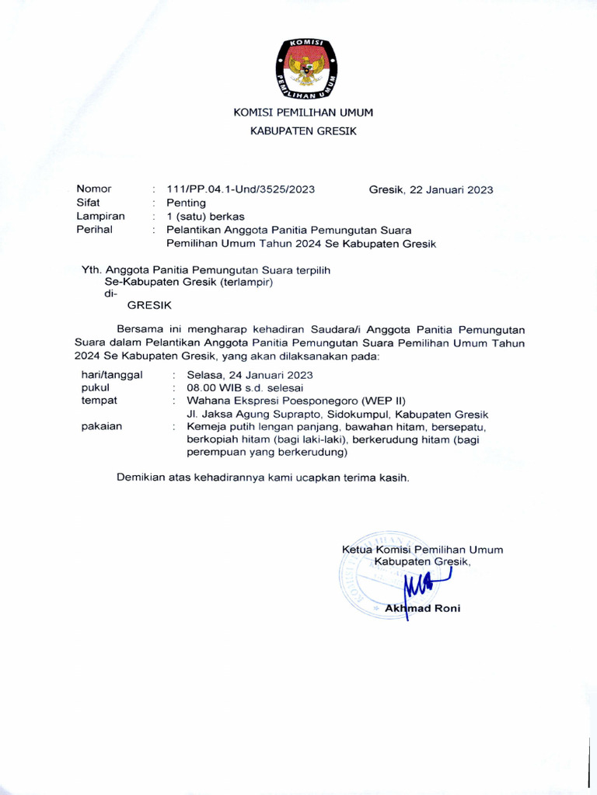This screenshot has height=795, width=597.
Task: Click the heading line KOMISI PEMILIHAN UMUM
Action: tap(303, 113)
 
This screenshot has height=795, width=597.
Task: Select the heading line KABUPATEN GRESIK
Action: tap(303, 131)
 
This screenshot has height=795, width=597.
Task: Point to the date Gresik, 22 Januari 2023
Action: tap(431, 189)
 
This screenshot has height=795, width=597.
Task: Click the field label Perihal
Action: tap(94, 230)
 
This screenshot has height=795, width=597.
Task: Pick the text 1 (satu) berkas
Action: tap(211, 217)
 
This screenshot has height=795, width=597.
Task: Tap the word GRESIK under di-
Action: tap(149, 306)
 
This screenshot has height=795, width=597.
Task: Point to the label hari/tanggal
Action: tap(112, 375)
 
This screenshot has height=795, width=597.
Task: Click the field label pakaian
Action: tap(102, 427)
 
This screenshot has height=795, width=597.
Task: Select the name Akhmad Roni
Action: tap(423, 608)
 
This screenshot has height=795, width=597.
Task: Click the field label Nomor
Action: tap(94, 189)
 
